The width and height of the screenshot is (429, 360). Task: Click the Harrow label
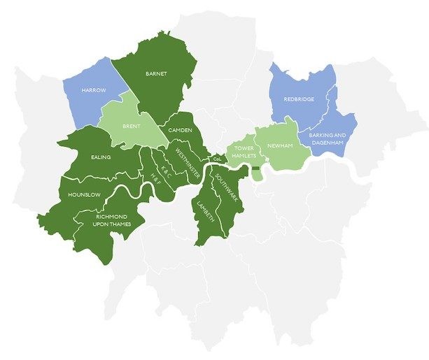(93, 92)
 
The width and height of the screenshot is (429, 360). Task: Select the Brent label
(132, 128)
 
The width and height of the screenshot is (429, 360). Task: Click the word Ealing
(101, 158)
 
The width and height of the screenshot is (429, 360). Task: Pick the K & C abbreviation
(167, 168)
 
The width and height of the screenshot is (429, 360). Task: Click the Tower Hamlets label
(244, 152)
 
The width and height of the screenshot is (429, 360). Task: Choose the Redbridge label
(299, 99)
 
